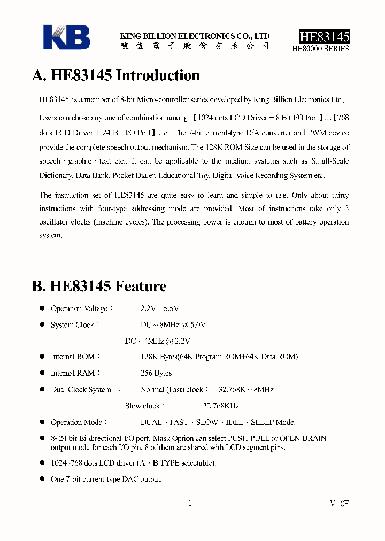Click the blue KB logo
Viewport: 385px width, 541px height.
tap(66, 37)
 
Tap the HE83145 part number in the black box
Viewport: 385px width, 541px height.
tap(324, 36)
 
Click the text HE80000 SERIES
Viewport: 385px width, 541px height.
tap(321, 48)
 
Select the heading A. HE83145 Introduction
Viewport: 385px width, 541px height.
tap(116, 75)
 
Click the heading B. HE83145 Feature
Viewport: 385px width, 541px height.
tap(99, 287)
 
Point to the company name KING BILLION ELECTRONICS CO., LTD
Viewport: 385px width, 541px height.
tap(195, 36)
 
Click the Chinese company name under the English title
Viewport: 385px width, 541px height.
tap(195, 46)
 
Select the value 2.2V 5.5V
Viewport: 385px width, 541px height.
tap(159, 308)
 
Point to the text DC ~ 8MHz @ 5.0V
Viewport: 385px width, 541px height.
tap(173, 325)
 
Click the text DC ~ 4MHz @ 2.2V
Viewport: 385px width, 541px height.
tap(157, 341)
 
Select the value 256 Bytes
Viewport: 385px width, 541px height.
tap(156, 373)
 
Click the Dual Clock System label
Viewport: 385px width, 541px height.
tap(81, 390)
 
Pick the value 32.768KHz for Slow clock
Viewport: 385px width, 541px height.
tap(221, 406)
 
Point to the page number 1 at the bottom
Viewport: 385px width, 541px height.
tap(190, 503)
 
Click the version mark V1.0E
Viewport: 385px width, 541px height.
tap(339, 503)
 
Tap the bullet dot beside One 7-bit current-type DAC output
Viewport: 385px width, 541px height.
tap(43, 479)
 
